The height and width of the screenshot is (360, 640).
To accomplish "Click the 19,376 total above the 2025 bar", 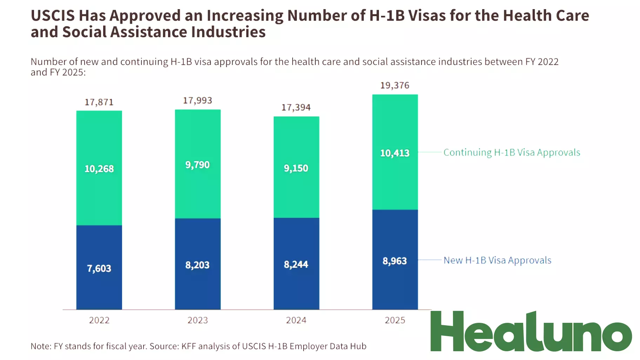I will (x=395, y=85).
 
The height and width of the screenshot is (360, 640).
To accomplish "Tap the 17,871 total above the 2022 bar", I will (x=99, y=102).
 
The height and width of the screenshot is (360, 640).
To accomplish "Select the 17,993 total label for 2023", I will (x=198, y=100).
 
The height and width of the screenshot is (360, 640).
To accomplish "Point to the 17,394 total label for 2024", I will (x=296, y=107).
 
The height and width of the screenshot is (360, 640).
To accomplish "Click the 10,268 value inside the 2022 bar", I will (x=99, y=169).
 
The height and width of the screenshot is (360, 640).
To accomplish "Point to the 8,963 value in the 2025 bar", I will (x=395, y=261).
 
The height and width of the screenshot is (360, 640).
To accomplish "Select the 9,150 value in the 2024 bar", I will (x=296, y=168).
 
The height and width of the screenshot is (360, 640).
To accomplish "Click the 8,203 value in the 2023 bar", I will (x=198, y=265).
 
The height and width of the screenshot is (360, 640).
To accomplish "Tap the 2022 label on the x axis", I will (x=99, y=320).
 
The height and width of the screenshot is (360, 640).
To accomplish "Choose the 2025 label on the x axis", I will (x=395, y=320).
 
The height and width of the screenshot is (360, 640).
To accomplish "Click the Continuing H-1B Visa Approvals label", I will (x=512, y=152).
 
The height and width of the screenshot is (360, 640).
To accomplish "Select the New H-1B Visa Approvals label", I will (x=497, y=260).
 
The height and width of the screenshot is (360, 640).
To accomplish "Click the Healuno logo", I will (x=531, y=332).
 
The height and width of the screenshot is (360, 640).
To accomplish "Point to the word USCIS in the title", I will (x=53, y=16).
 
